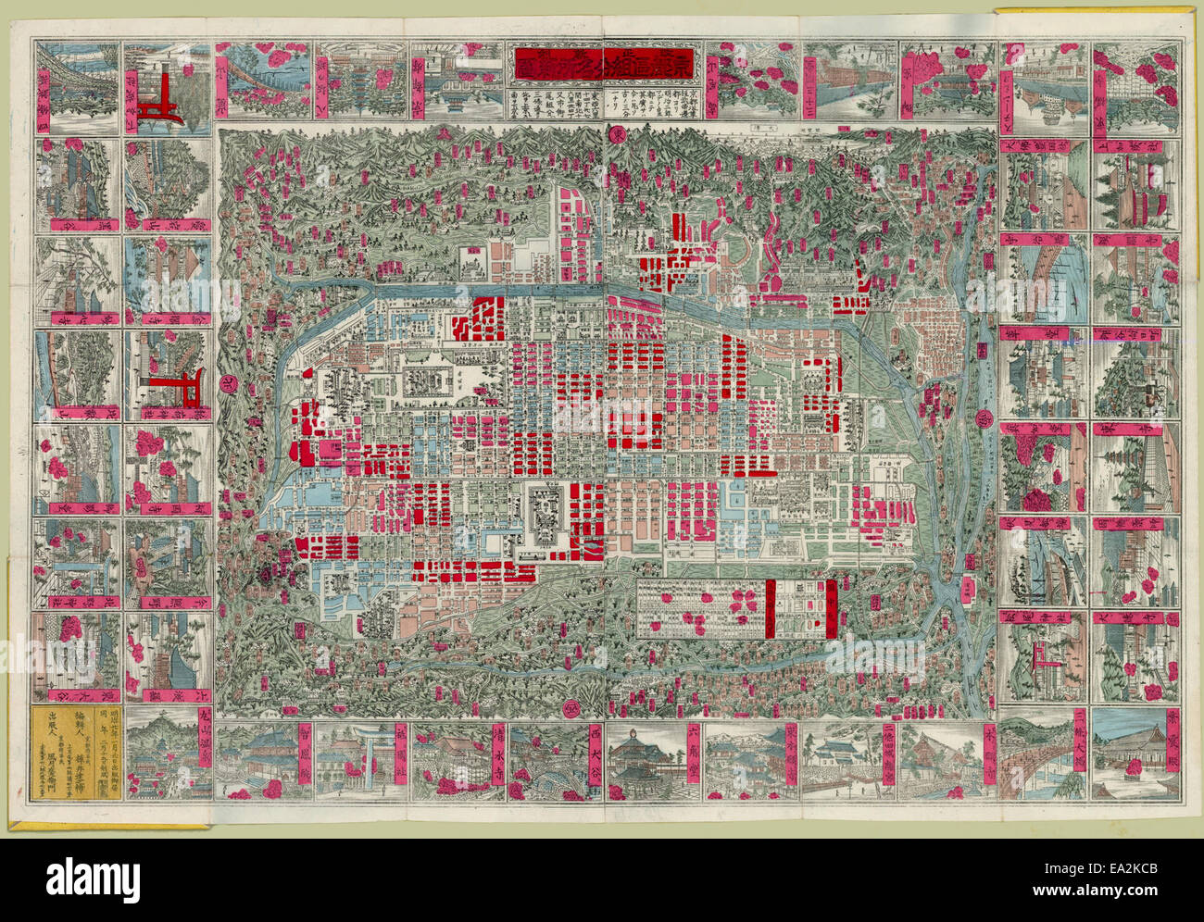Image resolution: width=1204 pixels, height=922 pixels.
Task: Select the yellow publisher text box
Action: click(x=76, y=754)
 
